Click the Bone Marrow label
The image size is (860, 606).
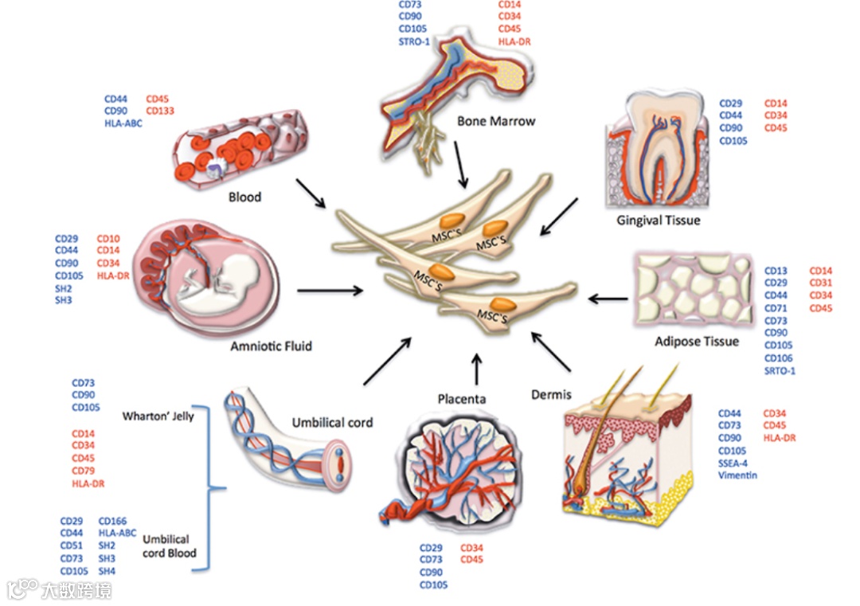pos(496,121)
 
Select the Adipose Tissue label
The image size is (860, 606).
pos(698,341)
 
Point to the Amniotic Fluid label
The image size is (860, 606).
pos(271,346)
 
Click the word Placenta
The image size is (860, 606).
pos(461,397)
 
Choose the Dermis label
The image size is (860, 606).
pos(551,394)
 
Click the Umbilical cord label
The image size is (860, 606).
pos(332,422)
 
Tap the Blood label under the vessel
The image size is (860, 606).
pos(244,196)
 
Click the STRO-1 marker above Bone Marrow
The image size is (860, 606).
pos(415,42)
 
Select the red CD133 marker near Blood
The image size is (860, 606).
pos(160,111)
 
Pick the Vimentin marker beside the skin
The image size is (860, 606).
pos(737,475)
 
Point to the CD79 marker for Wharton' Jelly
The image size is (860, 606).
pos(84,471)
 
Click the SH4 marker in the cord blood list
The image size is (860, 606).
pos(107,571)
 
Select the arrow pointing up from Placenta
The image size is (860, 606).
pos(477,367)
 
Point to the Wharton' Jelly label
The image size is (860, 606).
pos(158,416)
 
